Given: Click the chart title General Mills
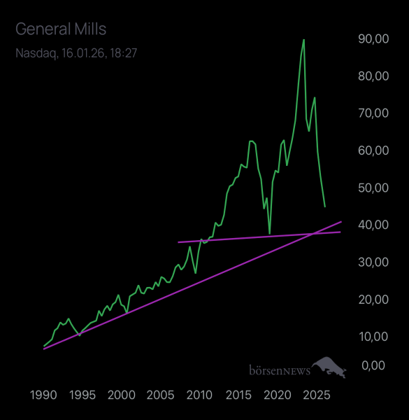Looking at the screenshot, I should coord(61,29).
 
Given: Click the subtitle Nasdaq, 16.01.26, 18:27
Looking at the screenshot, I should coord(76,53).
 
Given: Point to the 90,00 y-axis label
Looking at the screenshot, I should coord(373,39).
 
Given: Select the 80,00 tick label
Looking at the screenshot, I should coord(373,76).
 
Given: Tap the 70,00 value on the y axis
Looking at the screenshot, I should coord(373,113).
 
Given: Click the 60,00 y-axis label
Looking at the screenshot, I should coord(373,150).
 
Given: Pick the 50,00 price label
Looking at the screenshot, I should coord(373,188).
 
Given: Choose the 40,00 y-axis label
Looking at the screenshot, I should coord(373,225).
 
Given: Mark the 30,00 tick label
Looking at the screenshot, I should coord(373,262).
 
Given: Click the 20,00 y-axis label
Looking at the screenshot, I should coord(373,299).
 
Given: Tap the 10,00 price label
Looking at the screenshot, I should coord(373,336).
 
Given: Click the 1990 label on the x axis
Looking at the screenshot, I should coord(43,394).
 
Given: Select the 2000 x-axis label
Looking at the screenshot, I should coord(122,394).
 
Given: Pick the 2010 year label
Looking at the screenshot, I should coord(199,394).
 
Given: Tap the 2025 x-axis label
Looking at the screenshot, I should coord(316,394).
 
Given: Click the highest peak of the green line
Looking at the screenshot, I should coord(303,40).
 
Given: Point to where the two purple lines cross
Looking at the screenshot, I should coord(311,233).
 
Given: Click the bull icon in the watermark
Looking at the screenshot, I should coord(329,367).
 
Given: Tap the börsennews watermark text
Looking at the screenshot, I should coord(279,370).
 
